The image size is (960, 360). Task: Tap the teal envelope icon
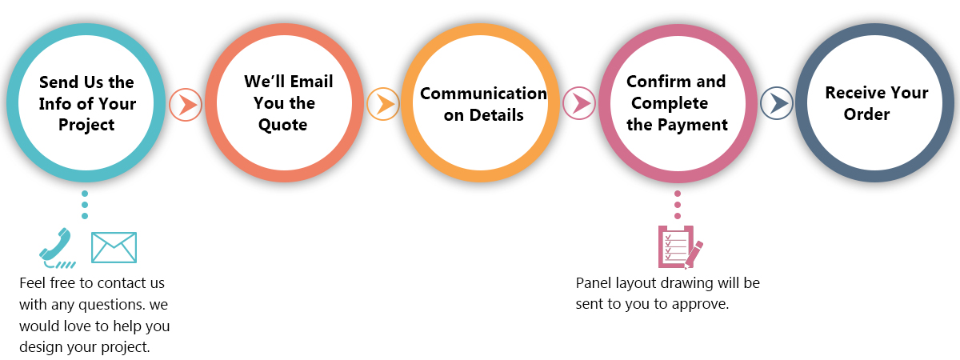click(114, 247)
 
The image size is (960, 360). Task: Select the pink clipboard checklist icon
click(680, 247)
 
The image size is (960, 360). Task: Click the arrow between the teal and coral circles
click(186, 105)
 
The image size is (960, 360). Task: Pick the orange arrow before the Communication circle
click(383, 104)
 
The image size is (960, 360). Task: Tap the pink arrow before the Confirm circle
click(579, 103)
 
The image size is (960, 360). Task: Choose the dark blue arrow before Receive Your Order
click(777, 103)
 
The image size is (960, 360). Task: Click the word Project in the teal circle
click(86, 126)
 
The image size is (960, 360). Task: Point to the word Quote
click(283, 125)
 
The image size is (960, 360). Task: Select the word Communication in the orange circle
click(483, 94)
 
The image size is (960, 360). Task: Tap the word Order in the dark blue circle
click(866, 114)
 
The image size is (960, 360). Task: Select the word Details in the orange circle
click(496, 115)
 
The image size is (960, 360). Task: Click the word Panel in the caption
click(594, 283)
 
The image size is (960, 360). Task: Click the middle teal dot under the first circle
click(85, 205)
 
